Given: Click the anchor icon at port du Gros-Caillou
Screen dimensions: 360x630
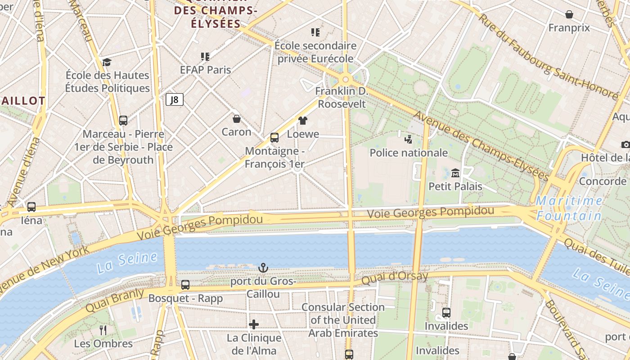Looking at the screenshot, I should (263, 268).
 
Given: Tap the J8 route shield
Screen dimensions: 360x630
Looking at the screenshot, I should (175, 99).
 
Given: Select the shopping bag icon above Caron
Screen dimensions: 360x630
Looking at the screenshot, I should (237, 119).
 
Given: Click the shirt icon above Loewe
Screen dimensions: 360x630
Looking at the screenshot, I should (303, 121).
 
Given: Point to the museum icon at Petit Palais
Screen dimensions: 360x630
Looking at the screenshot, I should (455, 173).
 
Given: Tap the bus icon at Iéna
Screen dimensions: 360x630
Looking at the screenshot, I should (31, 207).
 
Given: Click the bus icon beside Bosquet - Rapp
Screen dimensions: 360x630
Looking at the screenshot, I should (185, 285).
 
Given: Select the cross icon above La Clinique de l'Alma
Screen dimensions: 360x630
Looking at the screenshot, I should (254, 324).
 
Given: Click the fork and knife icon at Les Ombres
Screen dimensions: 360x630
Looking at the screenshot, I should (103, 330).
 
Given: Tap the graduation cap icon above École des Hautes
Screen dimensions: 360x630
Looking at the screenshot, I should (107, 62).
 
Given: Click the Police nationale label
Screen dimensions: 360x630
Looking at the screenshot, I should (409, 153).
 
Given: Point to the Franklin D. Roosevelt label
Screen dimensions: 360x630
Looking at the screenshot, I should (342, 98).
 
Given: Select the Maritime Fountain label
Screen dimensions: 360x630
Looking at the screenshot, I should (569, 208).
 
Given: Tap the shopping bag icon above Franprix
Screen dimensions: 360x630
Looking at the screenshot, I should (569, 15).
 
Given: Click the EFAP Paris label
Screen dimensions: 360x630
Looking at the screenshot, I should (205, 70).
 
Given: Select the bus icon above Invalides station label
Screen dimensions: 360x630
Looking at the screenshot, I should (446, 313).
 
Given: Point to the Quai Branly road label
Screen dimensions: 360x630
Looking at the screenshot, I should (115, 301).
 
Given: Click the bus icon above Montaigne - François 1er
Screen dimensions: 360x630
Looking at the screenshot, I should (274, 138).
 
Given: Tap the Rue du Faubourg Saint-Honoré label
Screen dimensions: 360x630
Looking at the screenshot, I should (547, 58).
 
